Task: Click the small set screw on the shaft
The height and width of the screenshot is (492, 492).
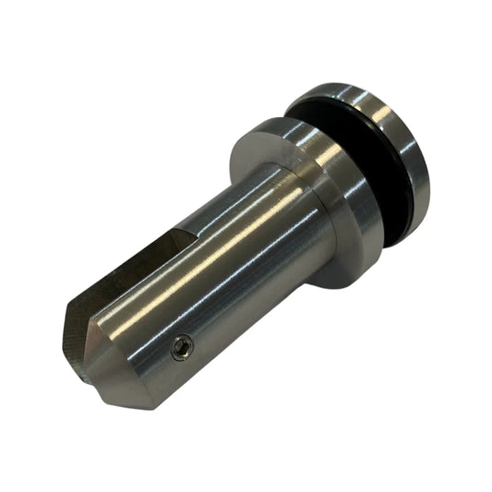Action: pyautogui.click(x=183, y=348)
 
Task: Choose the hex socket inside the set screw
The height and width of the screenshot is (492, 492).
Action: pyautogui.click(x=183, y=348)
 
